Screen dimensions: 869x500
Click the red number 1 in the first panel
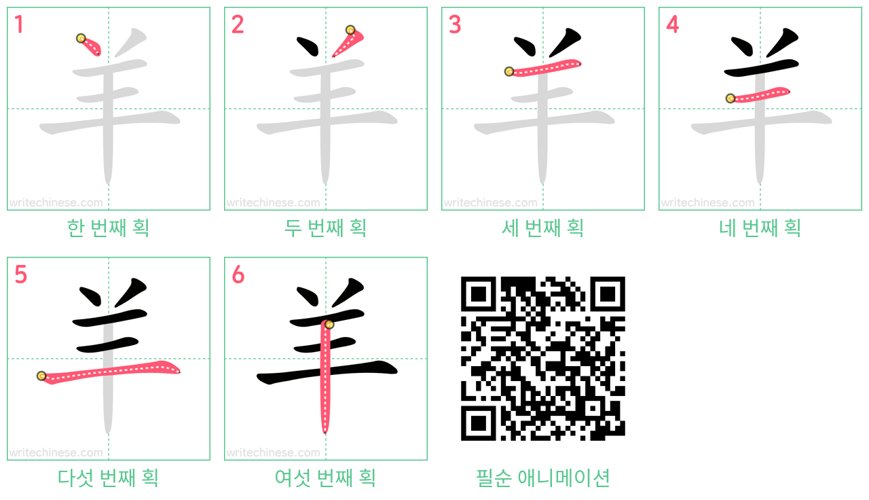(x=19, y=24)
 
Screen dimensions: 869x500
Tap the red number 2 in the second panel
(x=238, y=24)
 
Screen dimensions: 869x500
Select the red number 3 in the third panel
(x=455, y=24)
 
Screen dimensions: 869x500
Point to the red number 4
(x=672, y=24)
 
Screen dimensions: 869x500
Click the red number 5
(x=20, y=274)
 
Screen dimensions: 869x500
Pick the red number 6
(x=238, y=274)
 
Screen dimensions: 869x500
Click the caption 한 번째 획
(x=108, y=228)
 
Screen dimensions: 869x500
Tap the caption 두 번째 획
(x=325, y=228)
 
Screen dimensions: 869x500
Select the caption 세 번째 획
(x=542, y=228)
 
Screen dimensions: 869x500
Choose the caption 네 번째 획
(x=760, y=228)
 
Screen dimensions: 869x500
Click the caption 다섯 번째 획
(x=108, y=478)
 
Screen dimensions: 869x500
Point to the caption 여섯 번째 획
(x=325, y=478)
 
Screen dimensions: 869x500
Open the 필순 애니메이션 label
(x=542, y=478)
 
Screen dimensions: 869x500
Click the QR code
(x=542, y=358)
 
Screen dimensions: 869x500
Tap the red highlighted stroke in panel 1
(x=90, y=46)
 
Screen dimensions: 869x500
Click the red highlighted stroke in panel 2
(x=348, y=42)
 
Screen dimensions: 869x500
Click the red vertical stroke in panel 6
(x=326, y=376)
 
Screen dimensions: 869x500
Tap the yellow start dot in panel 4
(x=731, y=99)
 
